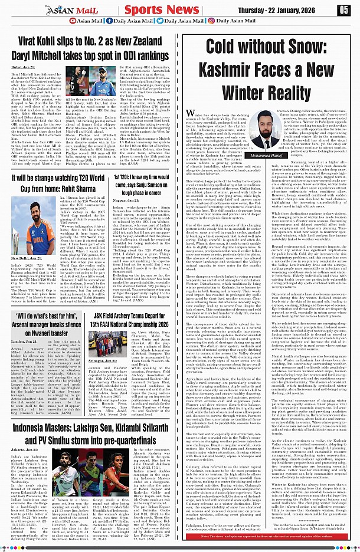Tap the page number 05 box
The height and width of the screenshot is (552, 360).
pyautogui.click(x=343, y=9)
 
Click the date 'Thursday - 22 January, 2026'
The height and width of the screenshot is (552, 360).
pyautogui.click(x=287, y=9)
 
